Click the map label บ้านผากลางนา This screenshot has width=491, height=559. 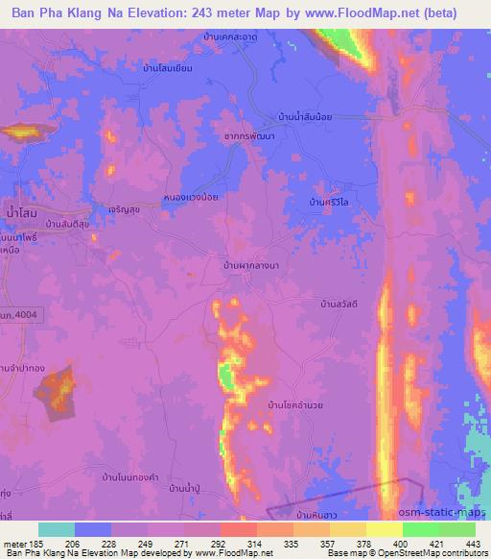250,262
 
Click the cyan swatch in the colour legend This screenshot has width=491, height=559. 57,529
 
